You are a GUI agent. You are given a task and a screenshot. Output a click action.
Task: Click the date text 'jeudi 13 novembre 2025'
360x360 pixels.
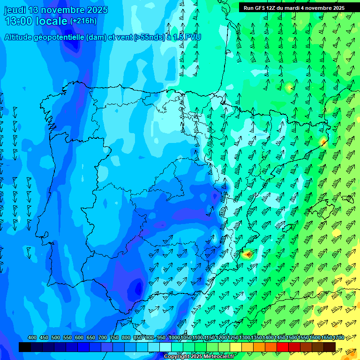(56, 10)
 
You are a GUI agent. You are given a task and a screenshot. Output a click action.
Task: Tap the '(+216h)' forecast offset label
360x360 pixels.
(83, 21)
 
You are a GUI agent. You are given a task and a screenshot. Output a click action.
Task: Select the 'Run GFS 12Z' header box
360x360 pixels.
(294, 7)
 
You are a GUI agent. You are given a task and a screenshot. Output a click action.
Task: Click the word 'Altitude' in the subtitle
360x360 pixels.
(21, 37)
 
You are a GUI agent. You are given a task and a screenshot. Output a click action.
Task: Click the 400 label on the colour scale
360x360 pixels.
(32, 338)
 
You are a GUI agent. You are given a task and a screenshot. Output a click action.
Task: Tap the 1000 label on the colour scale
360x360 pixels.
(174, 338)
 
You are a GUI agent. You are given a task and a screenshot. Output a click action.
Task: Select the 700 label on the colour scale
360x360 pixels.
(103, 338)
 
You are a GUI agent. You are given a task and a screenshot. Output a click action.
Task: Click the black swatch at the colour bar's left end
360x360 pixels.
(25, 347)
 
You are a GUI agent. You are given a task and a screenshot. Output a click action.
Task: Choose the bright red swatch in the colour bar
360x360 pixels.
(283, 347)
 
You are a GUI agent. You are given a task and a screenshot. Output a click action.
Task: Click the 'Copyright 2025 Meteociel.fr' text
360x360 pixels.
(199, 356)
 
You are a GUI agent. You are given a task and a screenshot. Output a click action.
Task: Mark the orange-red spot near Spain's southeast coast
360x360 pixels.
(247, 255)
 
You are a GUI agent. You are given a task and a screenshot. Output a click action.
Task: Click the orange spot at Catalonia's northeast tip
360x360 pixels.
(323, 140)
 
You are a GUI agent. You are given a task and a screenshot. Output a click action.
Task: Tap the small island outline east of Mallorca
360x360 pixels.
(347, 198)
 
